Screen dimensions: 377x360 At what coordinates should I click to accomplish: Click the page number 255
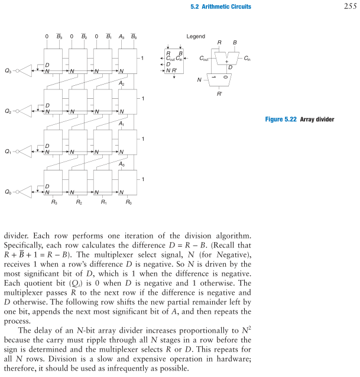tap(348, 7)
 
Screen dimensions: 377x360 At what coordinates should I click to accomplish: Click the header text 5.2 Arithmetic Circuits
tap(221, 7)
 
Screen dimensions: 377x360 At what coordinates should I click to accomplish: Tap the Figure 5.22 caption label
tap(300, 120)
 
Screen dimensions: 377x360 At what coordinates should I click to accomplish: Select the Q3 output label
tap(8, 71)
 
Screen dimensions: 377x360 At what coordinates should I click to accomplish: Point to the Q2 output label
tap(8, 111)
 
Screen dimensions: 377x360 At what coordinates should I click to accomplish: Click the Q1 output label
tap(8, 152)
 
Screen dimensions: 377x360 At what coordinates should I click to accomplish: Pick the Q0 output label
tap(8, 192)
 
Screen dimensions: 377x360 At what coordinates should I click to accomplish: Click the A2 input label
tap(121, 83)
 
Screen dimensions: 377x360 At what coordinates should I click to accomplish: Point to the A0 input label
tap(121, 164)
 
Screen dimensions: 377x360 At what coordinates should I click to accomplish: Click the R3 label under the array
tap(54, 202)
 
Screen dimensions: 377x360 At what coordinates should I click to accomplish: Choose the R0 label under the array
tap(128, 202)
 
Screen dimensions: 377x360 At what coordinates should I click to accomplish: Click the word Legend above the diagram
tap(196, 37)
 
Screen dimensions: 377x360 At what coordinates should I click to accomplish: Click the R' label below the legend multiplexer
tap(220, 94)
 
